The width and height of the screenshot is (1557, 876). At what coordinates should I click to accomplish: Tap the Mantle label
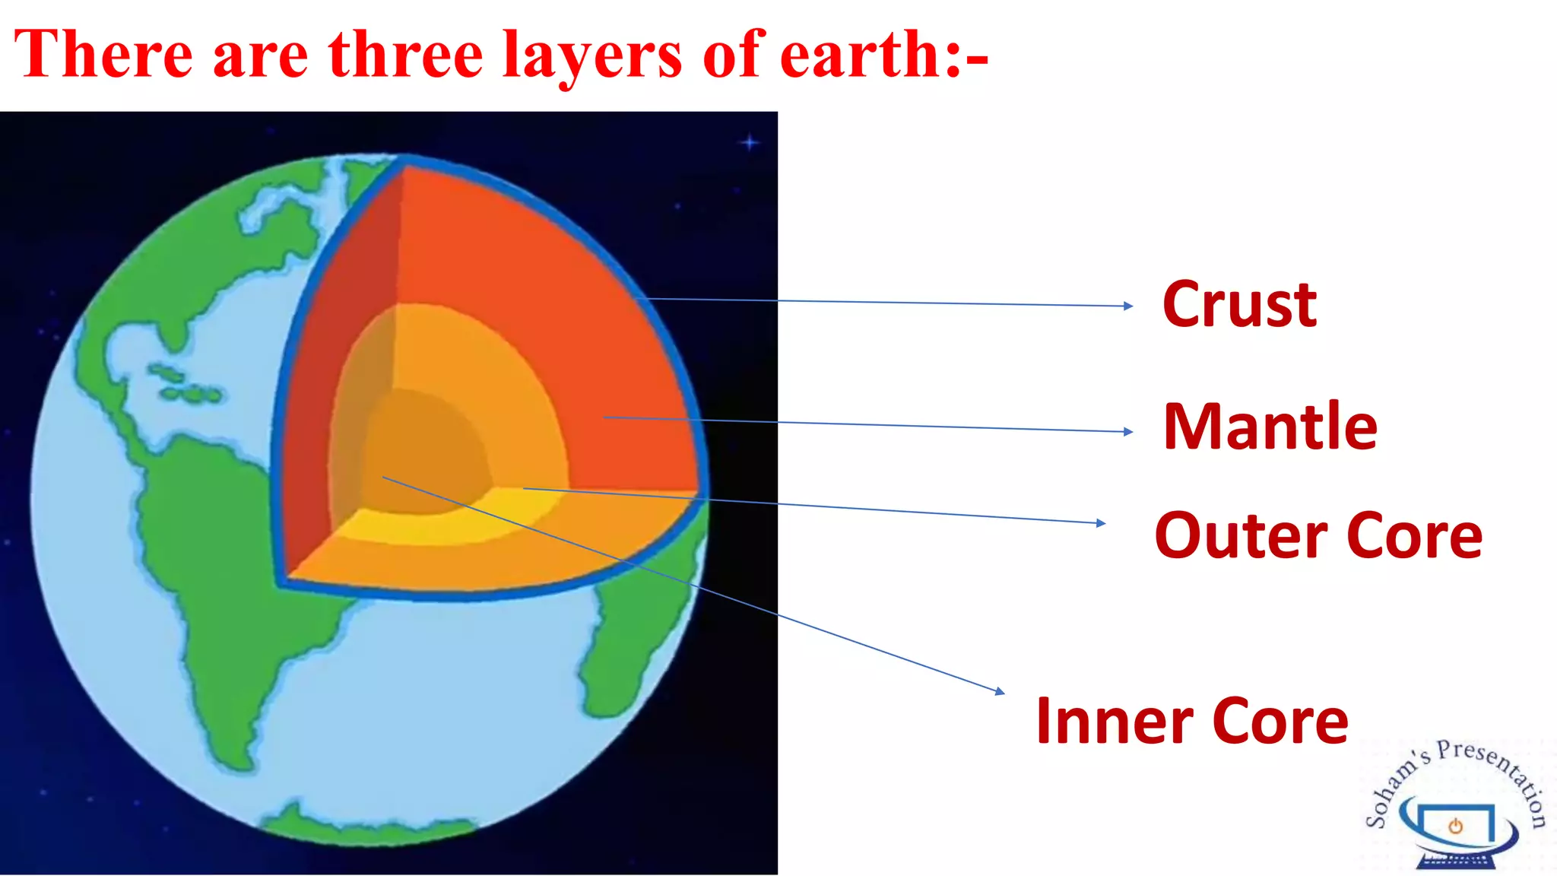(1270, 427)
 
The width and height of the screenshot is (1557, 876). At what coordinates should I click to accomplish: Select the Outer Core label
(1318, 535)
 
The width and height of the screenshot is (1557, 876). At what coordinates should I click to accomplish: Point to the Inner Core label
(1192, 720)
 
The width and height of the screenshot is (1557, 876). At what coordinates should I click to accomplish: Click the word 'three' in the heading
(406, 55)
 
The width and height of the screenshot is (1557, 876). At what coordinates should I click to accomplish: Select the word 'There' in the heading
(103, 55)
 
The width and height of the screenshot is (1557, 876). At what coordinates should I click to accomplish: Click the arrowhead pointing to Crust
(1128, 306)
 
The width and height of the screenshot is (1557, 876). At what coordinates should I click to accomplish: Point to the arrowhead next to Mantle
(1128, 431)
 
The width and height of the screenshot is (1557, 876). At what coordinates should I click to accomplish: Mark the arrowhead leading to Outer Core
(1101, 522)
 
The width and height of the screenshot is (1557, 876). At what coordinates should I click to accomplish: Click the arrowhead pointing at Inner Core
(1000, 691)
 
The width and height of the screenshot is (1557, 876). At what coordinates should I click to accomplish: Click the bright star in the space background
(750, 142)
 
